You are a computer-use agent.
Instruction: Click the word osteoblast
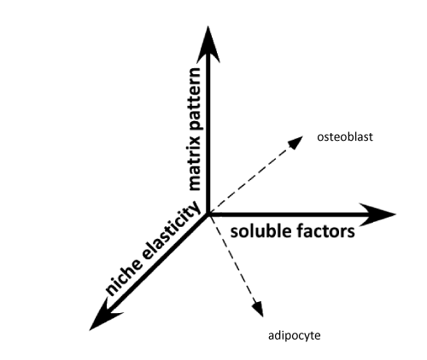[x=345, y=137]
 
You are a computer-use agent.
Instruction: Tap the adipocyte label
[x=295, y=336]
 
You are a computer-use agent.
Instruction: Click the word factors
[x=325, y=231]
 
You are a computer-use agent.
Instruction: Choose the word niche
[x=125, y=278]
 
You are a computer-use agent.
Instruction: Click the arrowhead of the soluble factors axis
[x=377, y=215]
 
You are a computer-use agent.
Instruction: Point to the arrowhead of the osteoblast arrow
[x=296, y=142]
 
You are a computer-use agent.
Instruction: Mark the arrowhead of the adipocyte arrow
[x=259, y=308]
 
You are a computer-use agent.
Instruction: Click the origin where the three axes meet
[x=208, y=214]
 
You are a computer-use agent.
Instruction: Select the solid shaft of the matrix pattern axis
[x=208, y=136]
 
